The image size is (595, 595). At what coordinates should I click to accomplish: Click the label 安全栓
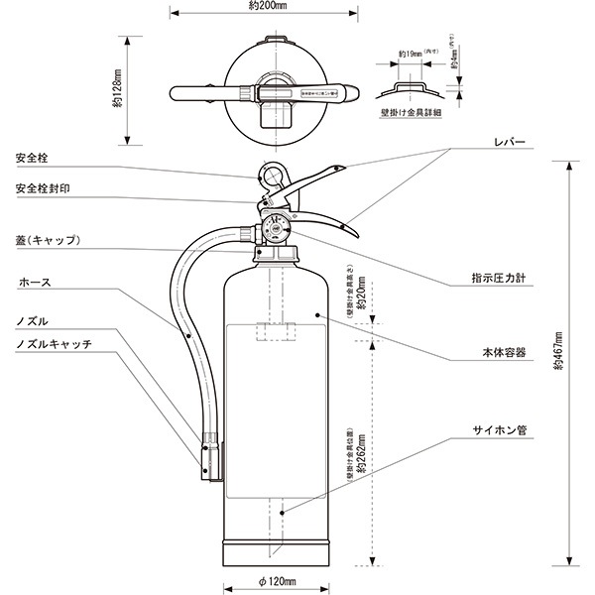coord(36,158)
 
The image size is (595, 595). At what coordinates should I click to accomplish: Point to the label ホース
coord(35,283)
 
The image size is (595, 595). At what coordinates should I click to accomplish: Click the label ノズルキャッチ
coord(55,343)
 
